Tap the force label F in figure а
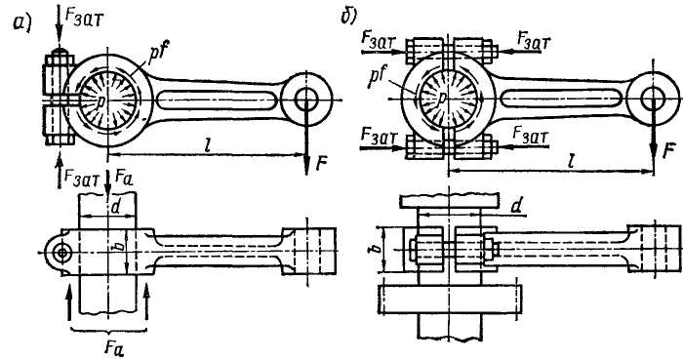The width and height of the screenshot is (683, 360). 321,163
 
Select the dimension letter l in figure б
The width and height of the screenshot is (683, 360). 571,162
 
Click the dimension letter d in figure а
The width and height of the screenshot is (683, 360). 114,207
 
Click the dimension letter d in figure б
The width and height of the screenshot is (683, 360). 516,206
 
